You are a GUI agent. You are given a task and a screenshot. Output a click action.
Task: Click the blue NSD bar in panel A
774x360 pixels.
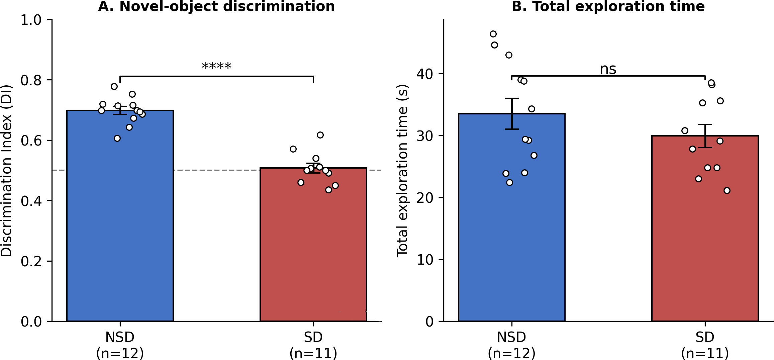pos(120,216)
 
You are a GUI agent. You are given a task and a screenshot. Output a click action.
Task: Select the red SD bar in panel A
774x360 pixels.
pos(313,245)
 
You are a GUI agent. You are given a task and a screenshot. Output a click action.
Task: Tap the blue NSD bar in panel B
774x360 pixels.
pos(512,217)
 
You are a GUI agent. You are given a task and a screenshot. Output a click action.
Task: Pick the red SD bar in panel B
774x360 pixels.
pos(705,229)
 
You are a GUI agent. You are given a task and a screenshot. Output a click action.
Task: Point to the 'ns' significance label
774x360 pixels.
pos(608,69)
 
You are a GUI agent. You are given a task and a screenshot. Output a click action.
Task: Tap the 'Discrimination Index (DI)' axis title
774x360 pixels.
pos(6,171)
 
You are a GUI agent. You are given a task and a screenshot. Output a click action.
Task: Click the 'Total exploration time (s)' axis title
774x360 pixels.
pos(402,171)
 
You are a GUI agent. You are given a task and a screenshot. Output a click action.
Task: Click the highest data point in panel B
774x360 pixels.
pos(493,34)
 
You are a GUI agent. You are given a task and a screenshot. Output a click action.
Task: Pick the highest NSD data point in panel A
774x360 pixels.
pos(114,86)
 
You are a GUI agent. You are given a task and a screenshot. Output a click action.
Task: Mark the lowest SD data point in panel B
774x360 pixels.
pos(727,191)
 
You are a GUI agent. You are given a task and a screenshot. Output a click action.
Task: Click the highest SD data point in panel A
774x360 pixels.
pos(320,135)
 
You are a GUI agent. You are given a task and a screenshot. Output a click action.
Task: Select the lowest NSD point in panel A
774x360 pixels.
pos(117,139)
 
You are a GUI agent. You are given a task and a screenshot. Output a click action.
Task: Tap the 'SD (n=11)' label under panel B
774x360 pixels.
pos(705,345)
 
